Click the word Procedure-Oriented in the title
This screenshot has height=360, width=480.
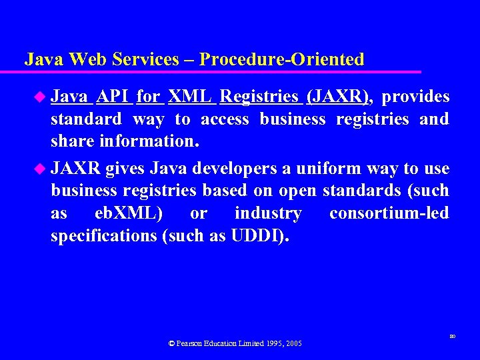click(282, 59)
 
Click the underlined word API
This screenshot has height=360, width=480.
click(113, 97)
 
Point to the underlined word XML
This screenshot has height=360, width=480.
click(191, 97)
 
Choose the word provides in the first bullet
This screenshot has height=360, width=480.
click(416, 97)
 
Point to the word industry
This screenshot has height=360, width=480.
click(268, 213)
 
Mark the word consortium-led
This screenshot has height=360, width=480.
click(389, 213)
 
